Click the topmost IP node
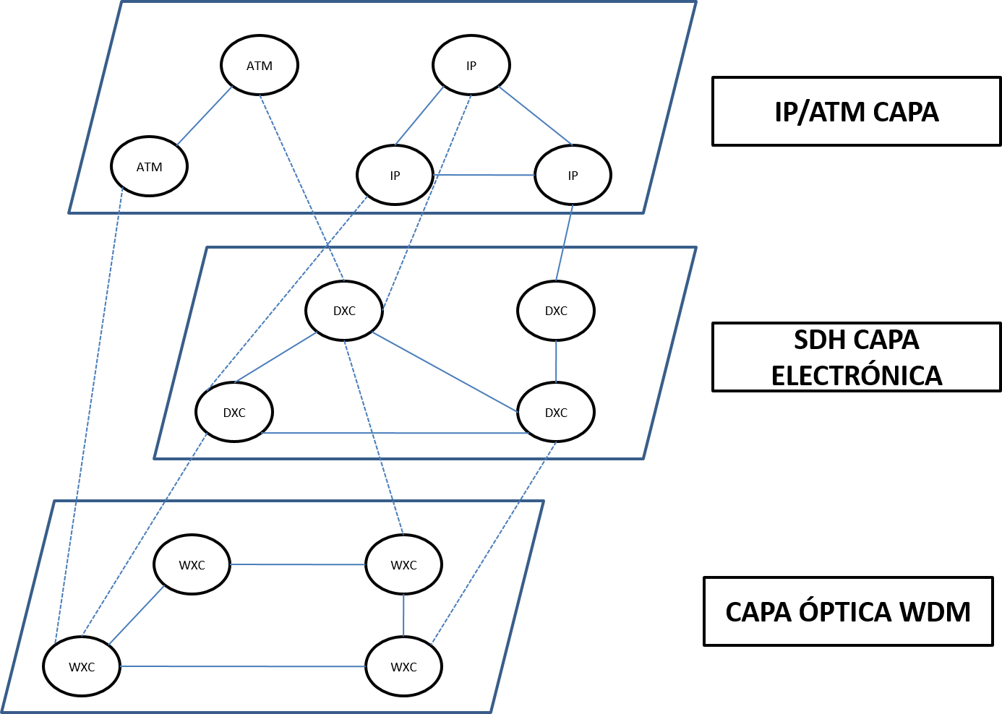coord(471,66)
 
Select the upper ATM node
coord(259,66)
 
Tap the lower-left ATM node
coord(149,167)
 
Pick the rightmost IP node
coord(573,176)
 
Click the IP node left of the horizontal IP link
coord(395,176)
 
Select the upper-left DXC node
coord(344,311)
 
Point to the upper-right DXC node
coord(556,311)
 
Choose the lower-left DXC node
coord(234,413)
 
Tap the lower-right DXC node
coord(556,413)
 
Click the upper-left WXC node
coord(192,565)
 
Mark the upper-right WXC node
coord(403,565)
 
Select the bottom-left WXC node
coord(82,667)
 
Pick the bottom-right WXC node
coord(403,667)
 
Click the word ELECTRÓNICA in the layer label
coord(857,376)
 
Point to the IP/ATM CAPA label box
coord(857,112)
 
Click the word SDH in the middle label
coord(818,340)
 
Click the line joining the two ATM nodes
coord(205,116)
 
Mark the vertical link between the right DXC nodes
coord(556,361)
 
